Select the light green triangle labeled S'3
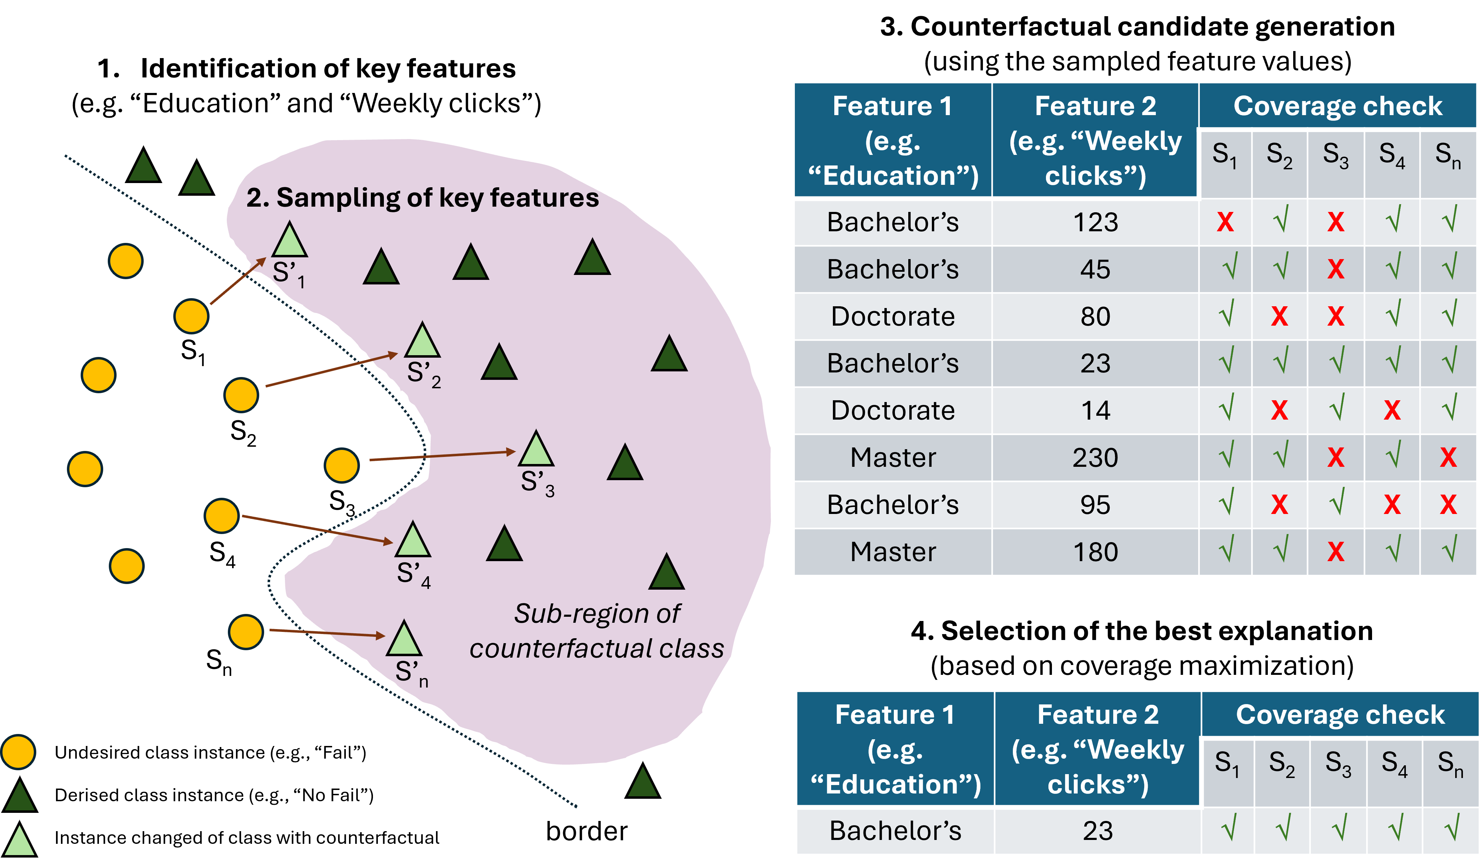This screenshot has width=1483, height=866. (x=536, y=451)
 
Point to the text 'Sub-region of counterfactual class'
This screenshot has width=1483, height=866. (x=597, y=631)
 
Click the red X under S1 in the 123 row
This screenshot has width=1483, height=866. (x=1225, y=222)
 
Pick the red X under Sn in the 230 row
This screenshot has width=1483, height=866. (x=1448, y=458)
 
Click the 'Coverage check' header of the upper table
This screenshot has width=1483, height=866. (x=1338, y=106)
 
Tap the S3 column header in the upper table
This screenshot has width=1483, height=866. (x=1335, y=156)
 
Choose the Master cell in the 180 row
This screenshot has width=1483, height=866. (x=893, y=552)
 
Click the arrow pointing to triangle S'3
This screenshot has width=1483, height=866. (x=441, y=456)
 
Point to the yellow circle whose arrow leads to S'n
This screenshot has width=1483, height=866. (x=245, y=632)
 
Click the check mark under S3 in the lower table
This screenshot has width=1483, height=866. (x=1339, y=828)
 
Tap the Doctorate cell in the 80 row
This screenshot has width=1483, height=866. (x=893, y=316)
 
